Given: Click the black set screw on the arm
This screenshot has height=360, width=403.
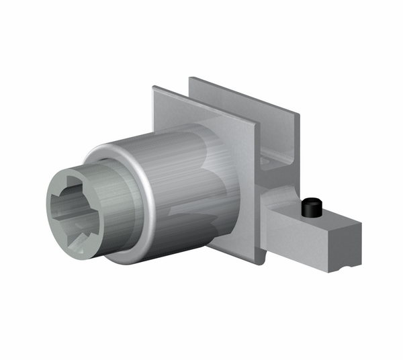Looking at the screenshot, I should point(310,208).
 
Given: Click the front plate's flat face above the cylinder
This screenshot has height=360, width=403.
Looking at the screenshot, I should point(201,114).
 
